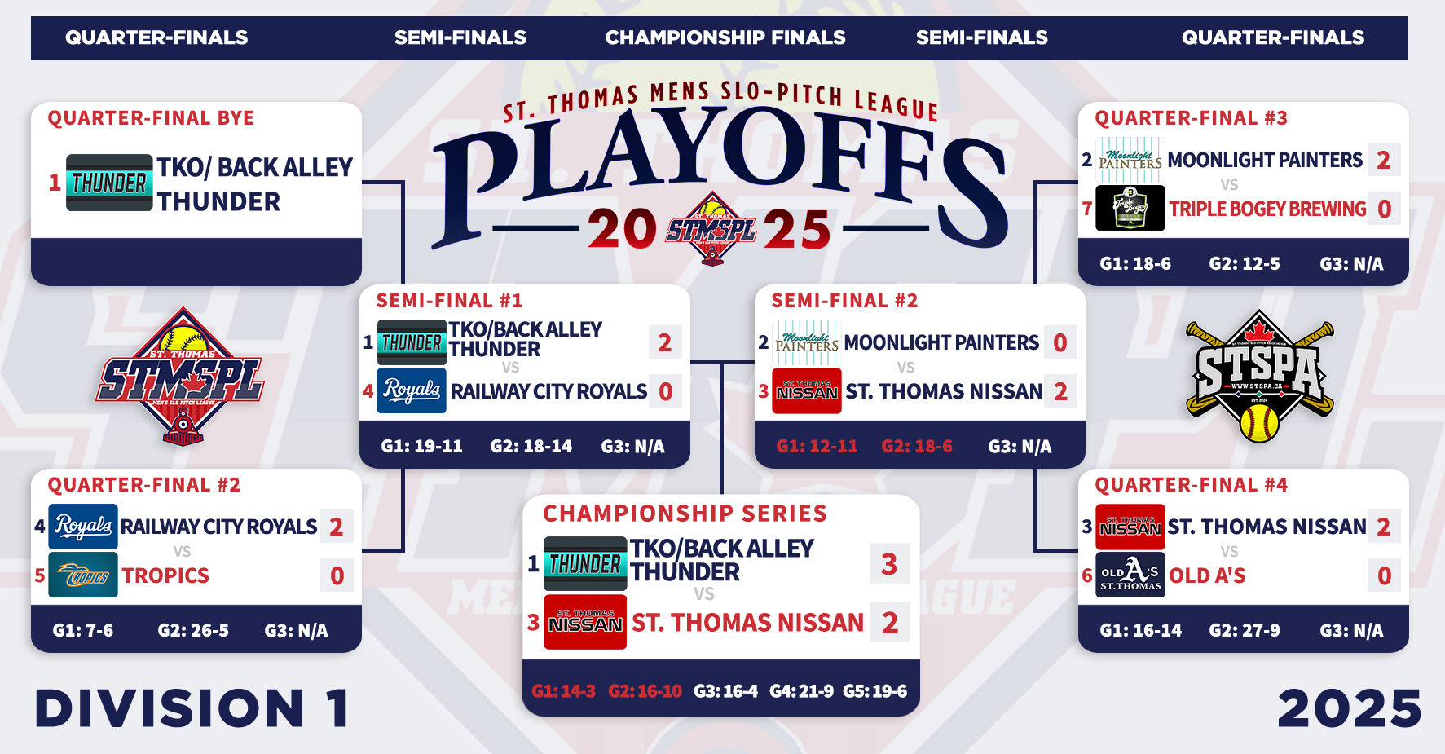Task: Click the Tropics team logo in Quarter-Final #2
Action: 83,575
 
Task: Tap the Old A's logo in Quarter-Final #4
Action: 1130,575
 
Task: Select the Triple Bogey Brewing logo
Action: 1130,208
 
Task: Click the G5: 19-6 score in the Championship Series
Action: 875,691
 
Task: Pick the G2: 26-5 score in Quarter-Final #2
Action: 193,630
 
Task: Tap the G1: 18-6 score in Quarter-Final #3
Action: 1135,263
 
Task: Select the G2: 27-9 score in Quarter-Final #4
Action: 1245,630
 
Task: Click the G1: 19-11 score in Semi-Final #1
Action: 421,446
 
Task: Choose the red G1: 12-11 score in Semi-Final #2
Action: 817,446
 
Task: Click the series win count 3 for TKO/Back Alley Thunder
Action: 889,563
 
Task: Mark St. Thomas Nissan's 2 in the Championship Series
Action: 889,623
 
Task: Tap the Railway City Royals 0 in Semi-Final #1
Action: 666,391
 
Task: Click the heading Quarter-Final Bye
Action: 151,118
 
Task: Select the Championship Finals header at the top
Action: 725,37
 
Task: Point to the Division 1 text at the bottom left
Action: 193,708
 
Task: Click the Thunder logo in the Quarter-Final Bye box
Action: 109,183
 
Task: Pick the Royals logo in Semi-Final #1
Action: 412,390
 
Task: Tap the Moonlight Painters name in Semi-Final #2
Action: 941,342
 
